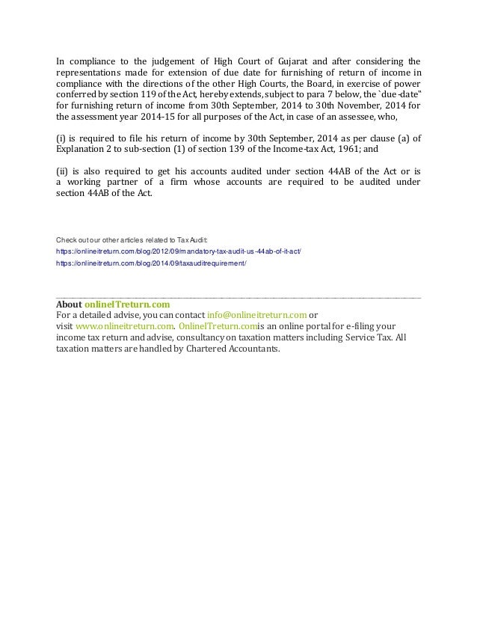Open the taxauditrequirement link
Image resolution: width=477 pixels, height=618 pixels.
tap(151, 264)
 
